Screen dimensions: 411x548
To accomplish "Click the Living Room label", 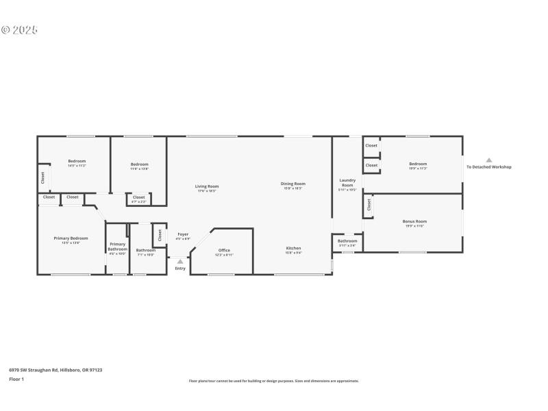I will (207, 186).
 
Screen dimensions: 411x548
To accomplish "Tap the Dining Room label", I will (293, 184).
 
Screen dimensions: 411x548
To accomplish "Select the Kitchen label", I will (293, 248).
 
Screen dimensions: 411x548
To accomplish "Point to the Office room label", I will (224, 251).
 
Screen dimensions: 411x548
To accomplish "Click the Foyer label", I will (183, 234).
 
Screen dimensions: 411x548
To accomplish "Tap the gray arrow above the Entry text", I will (180, 261).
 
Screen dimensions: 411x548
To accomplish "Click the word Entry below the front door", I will (180, 269).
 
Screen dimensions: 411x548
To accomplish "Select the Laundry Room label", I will (347, 183).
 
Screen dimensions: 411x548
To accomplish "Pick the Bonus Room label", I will (414, 221).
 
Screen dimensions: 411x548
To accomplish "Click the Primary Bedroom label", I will (71, 238).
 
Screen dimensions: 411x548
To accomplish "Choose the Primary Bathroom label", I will (117, 247).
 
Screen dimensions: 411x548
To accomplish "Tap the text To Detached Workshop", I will (488, 167).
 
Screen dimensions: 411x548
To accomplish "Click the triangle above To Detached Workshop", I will (489, 160).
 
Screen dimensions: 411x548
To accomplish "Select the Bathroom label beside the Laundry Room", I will (347, 241).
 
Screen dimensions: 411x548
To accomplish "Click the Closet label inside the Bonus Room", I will (369, 205).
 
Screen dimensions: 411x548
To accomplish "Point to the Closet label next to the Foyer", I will (160, 234).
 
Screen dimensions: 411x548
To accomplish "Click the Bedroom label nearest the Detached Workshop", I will (418, 164).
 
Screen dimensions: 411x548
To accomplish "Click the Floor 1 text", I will (16, 379).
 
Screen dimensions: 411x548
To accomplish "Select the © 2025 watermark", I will (19, 30).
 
